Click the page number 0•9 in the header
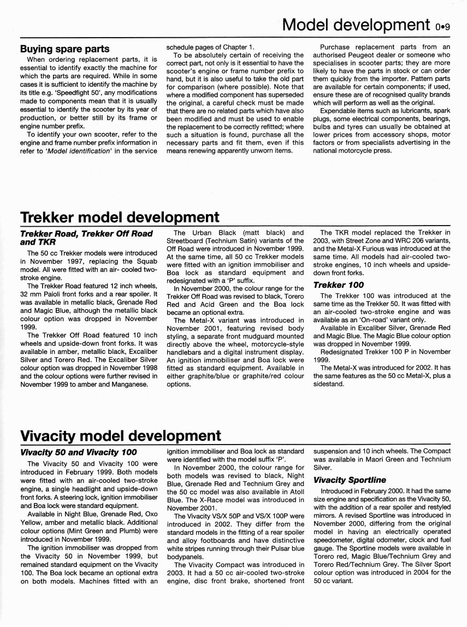click(x=442, y=26)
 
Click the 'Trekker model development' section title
click(x=119, y=217)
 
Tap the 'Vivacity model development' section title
click(x=120, y=435)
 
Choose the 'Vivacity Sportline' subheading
click(x=350, y=480)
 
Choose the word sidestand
click(x=329, y=384)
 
